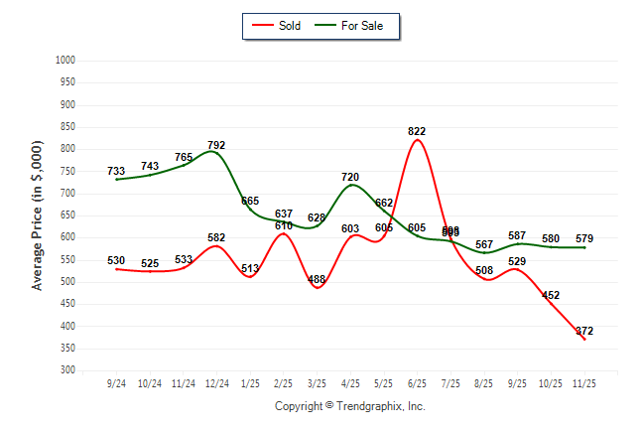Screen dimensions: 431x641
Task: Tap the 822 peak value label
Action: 418,131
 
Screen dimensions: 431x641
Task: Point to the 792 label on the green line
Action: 216,145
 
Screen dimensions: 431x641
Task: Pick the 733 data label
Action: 117,172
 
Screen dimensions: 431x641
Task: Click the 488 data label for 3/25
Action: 317,279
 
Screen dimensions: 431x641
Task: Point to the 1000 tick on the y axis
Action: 66,61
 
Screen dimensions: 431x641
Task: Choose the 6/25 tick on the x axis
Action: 417,383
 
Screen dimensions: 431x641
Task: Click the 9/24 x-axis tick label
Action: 117,383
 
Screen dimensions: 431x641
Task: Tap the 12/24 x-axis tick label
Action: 216,383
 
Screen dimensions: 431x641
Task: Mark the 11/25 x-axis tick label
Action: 584,383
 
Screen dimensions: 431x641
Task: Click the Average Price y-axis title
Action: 38,215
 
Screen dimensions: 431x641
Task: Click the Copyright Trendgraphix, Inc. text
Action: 349,406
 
